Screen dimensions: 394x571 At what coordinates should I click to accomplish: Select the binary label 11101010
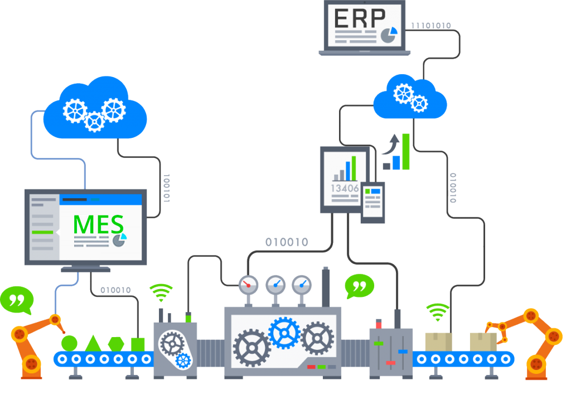click(431, 26)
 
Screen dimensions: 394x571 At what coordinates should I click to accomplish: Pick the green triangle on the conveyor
click(93, 341)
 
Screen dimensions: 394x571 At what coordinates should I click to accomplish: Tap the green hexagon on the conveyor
click(116, 343)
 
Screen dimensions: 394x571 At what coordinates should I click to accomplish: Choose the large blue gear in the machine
click(284, 333)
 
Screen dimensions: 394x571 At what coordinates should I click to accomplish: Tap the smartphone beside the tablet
click(372, 203)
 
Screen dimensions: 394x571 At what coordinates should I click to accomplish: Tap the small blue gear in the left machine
click(182, 360)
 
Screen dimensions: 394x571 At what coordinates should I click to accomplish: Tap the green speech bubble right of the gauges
click(359, 286)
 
